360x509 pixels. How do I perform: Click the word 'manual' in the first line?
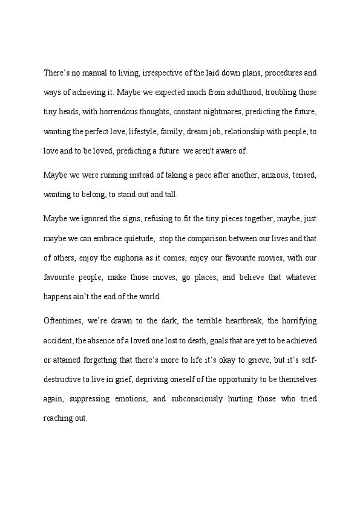[92, 73]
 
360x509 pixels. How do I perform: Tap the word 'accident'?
[58, 340]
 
